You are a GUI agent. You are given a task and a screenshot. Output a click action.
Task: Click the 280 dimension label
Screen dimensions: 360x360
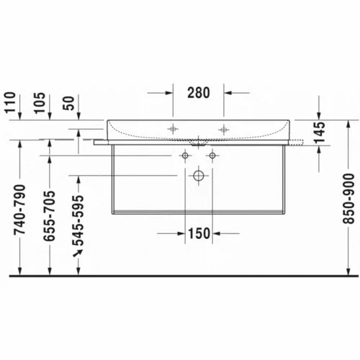(199, 93)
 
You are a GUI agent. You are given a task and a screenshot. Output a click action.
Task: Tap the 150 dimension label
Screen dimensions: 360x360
(199, 233)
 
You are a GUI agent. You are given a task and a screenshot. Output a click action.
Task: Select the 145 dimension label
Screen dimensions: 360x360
(320, 132)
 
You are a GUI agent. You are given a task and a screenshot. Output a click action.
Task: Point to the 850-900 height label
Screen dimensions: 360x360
(348, 199)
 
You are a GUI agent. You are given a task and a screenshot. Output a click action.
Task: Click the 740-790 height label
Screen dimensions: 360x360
(19, 210)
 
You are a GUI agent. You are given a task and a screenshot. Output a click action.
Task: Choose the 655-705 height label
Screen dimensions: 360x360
(49, 215)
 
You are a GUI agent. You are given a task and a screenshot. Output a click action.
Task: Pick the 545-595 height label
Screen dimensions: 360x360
(78, 221)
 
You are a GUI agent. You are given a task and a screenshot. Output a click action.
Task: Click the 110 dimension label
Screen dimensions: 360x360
(10, 102)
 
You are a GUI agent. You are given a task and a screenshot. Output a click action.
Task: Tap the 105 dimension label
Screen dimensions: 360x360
(40, 102)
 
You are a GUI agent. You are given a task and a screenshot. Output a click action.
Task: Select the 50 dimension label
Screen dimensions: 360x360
(69, 103)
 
